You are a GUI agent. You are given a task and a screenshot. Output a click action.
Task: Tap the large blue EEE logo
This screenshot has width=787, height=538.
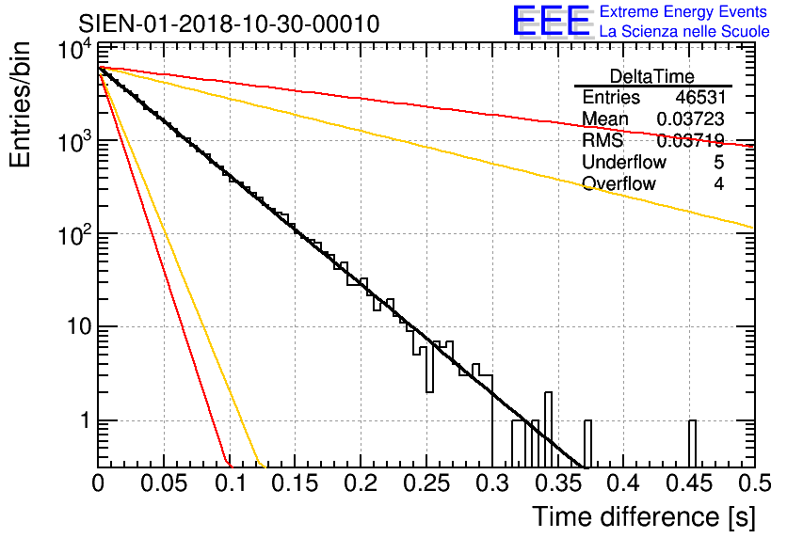point(551,22)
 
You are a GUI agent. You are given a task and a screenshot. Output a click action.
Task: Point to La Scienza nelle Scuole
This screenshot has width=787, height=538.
point(684,32)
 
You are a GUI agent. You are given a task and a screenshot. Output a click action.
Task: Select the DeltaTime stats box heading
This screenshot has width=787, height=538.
point(652,76)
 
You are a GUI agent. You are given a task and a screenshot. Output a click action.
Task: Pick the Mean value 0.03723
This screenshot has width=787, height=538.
point(690,119)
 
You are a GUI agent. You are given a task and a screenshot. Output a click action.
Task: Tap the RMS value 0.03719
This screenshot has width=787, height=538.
point(690,141)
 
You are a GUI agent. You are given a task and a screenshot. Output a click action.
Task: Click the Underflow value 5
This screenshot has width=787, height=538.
point(718,162)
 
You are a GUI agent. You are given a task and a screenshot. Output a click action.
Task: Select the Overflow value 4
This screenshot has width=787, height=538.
point(718,183)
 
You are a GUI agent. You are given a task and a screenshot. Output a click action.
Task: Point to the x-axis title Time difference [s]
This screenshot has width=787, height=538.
point(640,516)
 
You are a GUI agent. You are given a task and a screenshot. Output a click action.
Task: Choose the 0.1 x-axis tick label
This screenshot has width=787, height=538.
point(229,484)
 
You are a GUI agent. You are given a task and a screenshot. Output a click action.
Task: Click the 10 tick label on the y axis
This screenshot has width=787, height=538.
point(73,327)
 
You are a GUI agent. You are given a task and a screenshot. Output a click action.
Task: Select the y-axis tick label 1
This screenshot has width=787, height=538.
point(82,420)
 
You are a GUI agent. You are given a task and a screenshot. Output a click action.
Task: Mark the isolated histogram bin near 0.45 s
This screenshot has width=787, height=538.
point(692,442)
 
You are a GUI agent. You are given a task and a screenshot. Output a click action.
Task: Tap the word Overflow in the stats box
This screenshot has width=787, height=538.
point(618,183)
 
